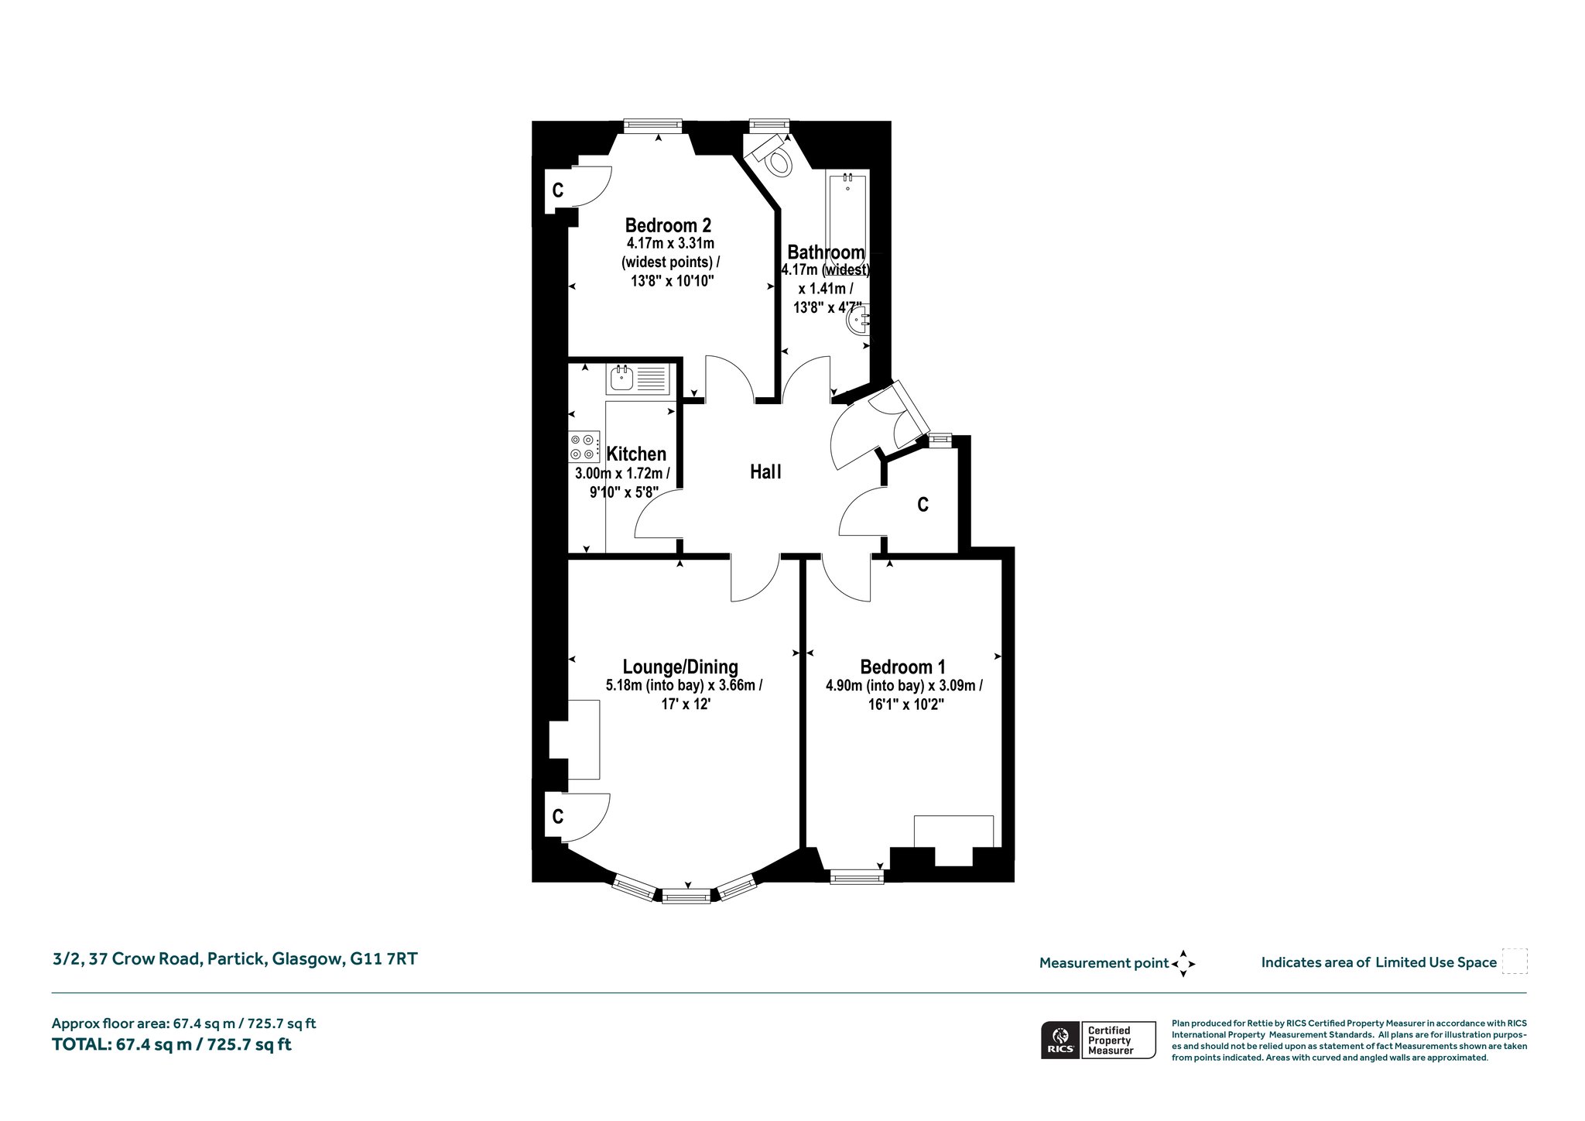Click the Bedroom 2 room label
pos(668,225)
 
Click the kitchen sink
pos(638,379)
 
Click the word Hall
pos(765,471)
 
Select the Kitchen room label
pos(636,454)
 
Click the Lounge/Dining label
pos(680,667)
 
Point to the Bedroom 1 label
pos(903,667)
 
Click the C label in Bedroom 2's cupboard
pos(557,190)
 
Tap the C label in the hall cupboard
pos(923,505)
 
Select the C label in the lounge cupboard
pos(557,816)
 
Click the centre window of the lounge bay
pos(686,896)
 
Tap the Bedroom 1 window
pos(857,876)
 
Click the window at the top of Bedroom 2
pos(653,125)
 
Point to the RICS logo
pos(1060,1040)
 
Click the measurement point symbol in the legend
pos(1183,964)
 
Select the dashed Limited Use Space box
pos(1515,962)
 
